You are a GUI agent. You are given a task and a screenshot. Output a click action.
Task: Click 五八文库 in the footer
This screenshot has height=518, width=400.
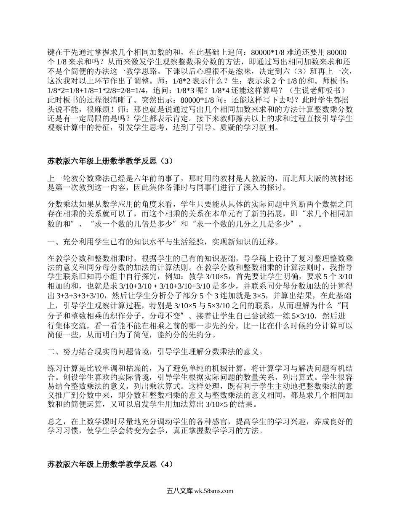(x=179, y=491)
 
